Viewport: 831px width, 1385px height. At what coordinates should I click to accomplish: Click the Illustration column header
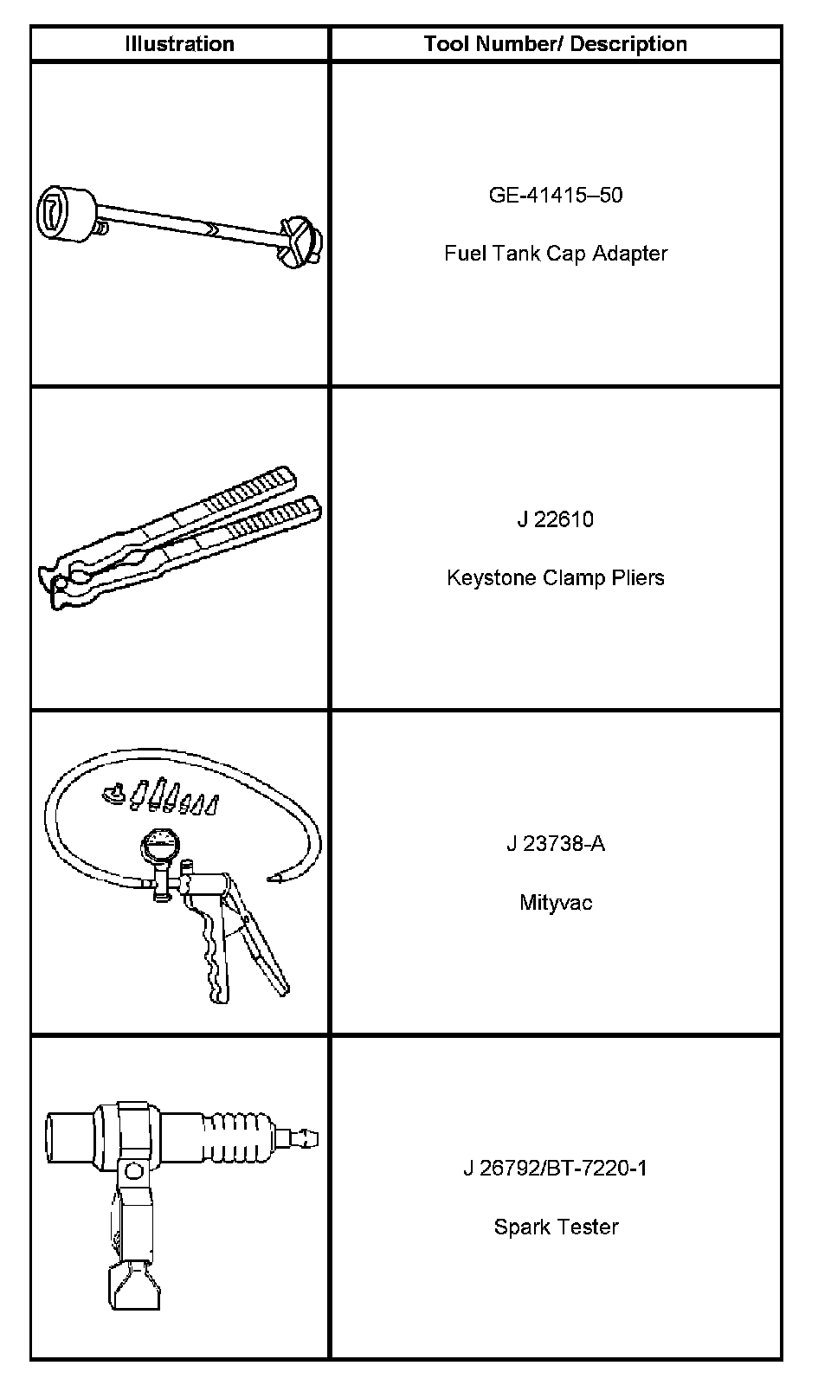[x=179, y=44]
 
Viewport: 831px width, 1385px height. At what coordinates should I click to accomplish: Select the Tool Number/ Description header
[x=555, y=44]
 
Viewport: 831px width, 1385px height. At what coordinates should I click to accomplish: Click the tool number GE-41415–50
[x=555, y=195]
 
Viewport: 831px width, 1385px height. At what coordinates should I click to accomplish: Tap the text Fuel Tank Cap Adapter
[x=555, y=254]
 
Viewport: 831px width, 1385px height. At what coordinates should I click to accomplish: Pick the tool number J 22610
[x=555, y=519]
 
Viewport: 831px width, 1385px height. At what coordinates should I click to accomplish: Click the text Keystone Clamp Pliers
[x=555, y=577]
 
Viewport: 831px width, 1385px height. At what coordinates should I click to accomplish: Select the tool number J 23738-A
[x=555, y=843]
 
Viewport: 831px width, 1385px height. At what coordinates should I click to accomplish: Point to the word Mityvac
[x=555, y=902]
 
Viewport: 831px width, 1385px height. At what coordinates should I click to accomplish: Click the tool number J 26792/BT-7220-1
[x=555, y=1168]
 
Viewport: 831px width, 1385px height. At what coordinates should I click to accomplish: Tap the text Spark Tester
[x=555, y=1227]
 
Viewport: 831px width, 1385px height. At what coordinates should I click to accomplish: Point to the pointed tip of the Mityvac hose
[x=276, y=879]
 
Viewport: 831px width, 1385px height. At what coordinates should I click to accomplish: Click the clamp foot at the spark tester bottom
[x=134, y=1285]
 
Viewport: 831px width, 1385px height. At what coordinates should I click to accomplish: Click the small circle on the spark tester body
[x=132, y=1171]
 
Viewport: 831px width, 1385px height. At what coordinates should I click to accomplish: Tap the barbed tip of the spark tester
[x=305, y=1134]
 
